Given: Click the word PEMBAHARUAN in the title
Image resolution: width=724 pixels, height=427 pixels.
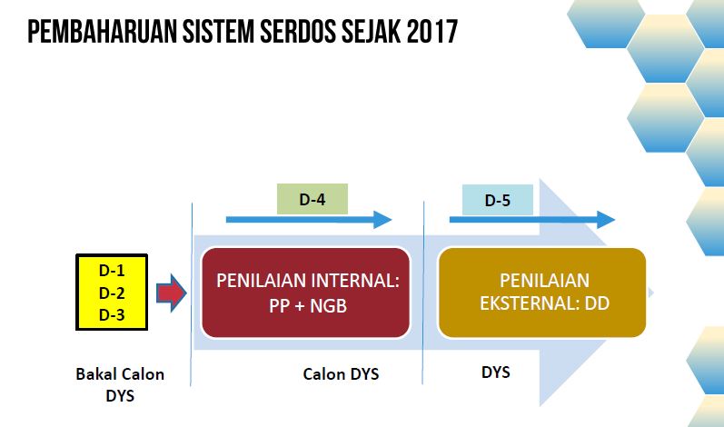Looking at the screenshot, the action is coord(102,32).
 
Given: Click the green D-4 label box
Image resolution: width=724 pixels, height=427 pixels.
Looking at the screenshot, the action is coord(312,199).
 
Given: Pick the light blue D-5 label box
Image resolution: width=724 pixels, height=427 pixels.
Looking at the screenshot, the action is coord(498,200).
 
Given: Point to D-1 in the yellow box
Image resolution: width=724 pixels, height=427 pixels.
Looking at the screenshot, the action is coord(112,270).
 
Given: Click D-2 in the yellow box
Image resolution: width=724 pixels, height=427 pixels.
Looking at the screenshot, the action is coord(112,293).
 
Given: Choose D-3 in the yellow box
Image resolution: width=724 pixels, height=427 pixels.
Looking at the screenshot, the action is coord(112,315).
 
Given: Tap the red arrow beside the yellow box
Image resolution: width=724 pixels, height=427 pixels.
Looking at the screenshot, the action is coord(171,293).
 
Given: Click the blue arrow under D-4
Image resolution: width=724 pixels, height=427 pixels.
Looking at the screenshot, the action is coord(309,220).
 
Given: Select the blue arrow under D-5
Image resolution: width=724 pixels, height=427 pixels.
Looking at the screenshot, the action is coord(532,220).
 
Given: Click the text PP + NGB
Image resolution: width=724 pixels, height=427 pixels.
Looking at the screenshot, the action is coord(308,305).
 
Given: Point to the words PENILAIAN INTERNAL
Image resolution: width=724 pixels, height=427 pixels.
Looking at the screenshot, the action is coord(308,281).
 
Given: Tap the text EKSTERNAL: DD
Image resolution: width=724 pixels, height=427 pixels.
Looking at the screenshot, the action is coord(545,303).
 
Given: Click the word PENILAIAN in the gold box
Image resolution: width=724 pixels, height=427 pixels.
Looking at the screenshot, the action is coord(545,280).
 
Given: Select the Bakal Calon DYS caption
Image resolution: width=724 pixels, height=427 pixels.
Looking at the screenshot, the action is coord(120,384).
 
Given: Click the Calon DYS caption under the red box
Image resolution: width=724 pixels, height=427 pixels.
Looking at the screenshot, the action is coord(341,374).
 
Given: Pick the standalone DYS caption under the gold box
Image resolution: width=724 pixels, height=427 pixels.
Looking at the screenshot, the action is coord(495,372).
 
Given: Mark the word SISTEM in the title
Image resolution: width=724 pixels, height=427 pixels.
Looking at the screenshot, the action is coord(218,32).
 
